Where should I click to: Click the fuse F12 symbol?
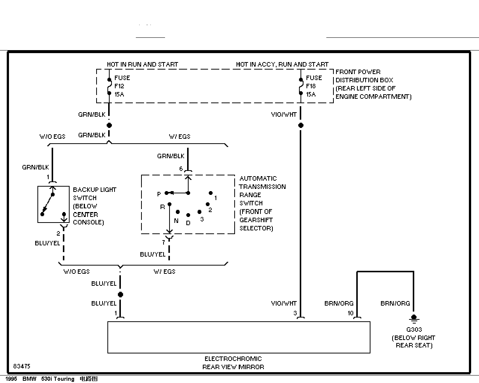(109, 86)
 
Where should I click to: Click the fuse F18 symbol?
(301, 86)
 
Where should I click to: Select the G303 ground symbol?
(414, 319)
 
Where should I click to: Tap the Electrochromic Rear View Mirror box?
(239, 337)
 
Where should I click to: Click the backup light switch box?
(54, 204)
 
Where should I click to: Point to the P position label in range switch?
(159, 194)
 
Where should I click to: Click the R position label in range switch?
(162, 207)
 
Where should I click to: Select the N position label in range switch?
(176, 221)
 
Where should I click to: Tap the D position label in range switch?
(188, 223)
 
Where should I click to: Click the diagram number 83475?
(22, 366)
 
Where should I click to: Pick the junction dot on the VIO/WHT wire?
(301, 125)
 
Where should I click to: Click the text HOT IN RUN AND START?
(143, 65)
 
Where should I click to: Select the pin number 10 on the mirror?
(351, 313)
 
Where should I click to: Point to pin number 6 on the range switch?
(181, 169)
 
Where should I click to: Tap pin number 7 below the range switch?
(164, 242)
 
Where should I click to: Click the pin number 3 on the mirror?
(295, 313)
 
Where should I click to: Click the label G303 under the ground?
(414, 330)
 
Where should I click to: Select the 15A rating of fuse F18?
(311, 94)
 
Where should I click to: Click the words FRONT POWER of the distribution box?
(358, 72)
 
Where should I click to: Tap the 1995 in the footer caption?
(11, 379)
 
